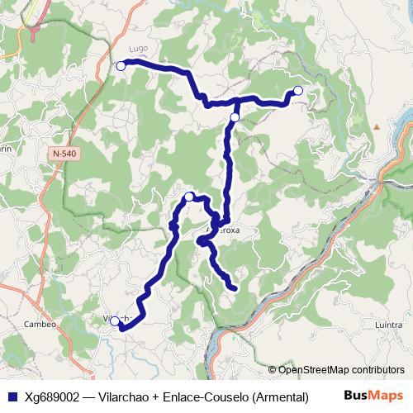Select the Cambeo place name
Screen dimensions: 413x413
40,324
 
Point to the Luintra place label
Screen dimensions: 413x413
387,325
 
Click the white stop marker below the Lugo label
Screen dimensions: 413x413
121,65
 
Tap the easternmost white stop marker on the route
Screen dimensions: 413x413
298,90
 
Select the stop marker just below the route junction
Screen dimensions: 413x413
235,117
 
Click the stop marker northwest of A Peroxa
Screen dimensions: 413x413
189,197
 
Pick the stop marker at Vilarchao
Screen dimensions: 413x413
115,321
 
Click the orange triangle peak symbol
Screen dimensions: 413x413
376,126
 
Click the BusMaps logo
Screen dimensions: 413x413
373,396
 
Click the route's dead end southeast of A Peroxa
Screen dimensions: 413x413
235,288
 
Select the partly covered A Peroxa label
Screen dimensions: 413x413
224,231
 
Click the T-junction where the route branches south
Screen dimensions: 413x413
238,102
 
